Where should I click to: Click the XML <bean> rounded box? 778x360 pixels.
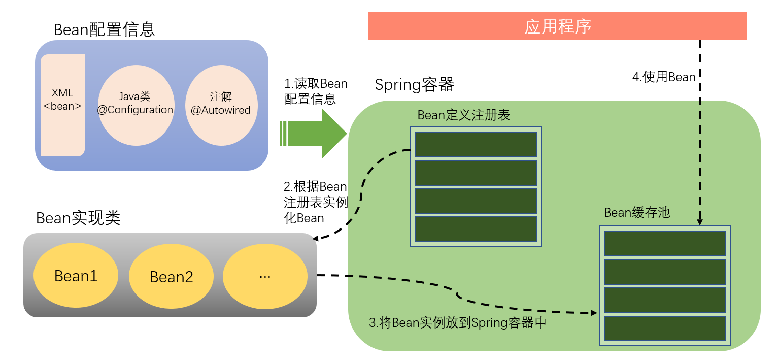[x=62, y=105]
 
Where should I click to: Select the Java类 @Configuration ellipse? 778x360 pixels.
[x=136, y=105]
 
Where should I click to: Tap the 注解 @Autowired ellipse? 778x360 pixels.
[x=221, y=105]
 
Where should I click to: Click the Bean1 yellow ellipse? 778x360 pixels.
[x=76, y=276]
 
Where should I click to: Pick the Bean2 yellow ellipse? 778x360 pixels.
[x=172, y=277]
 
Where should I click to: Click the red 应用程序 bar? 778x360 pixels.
[x=557, y=26]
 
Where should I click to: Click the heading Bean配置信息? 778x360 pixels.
[x=104, y=30]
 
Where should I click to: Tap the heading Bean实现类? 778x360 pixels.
[x=78, y=218]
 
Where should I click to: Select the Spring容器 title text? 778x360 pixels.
[x=414, y=85]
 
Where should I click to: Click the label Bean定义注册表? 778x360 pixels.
[x=463, y=115]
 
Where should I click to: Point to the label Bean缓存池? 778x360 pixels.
[x=637, y=212]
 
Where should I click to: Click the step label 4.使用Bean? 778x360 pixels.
[x=663, y=77]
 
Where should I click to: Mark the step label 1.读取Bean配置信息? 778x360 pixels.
[x=315, y=91]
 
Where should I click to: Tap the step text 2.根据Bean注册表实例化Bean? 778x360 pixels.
[x=315, y=202]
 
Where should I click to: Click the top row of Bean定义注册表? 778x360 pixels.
[x=476, y=144]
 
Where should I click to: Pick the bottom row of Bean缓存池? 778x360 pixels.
[x=665, y=329]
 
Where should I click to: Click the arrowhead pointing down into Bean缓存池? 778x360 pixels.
[x=700, y=222]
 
